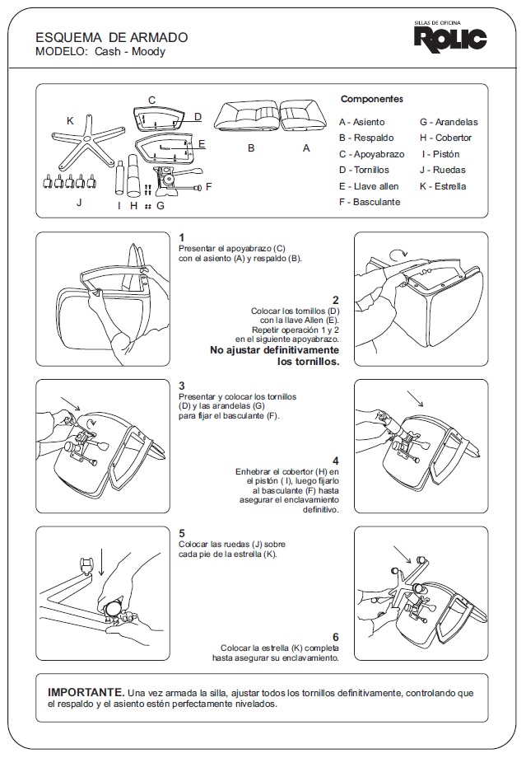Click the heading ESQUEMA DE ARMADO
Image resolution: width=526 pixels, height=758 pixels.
112,38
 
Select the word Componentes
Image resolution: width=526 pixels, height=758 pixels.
372,99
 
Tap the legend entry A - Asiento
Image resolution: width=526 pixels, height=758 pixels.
361,122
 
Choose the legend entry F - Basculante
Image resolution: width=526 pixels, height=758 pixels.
370,202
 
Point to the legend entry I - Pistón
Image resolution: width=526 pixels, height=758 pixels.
440,154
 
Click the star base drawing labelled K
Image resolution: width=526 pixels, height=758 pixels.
84,149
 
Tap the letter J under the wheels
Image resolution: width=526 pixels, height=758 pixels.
79,203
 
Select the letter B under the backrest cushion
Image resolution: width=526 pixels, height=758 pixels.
251,149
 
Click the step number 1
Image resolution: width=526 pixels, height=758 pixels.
182,237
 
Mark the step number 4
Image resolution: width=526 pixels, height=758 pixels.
335,461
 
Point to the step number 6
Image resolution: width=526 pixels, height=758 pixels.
335,637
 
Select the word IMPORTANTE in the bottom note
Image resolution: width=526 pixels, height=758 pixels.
86,693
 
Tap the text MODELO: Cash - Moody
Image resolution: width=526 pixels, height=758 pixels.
100,52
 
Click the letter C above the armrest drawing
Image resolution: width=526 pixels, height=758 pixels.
151,101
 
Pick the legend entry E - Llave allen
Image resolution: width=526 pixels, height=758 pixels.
369,186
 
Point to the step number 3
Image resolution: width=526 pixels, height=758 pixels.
182,386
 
